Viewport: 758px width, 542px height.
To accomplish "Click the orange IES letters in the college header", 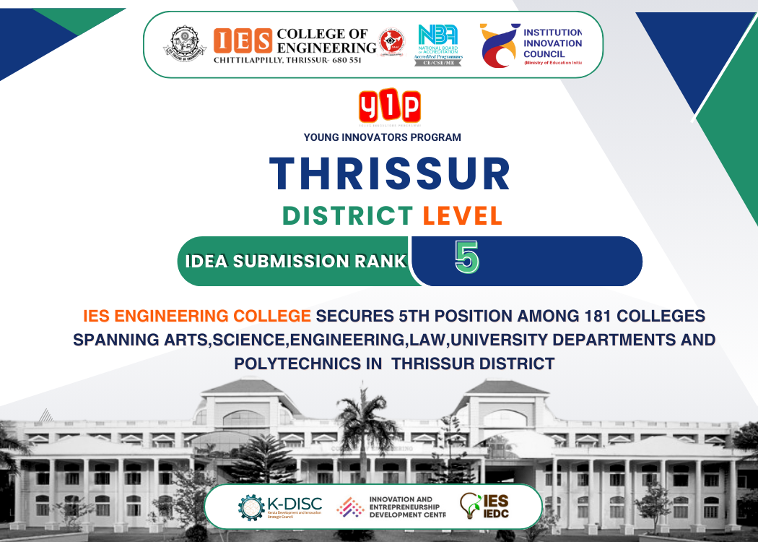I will click(x=243, y=40).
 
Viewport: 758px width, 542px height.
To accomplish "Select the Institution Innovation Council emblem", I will click(x=500, y=45).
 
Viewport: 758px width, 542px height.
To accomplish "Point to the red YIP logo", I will click(x=390, y=107).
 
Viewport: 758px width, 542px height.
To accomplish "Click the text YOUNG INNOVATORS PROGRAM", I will click(x=383, y=137).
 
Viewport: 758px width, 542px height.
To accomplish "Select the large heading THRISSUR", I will click(x=390, y=173).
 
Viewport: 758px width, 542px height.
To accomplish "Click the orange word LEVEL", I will click(x=462, y=215).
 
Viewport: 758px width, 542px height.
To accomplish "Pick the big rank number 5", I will click(x=466, y=257).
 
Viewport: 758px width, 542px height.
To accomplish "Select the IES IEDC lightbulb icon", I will click(x=470, y=506).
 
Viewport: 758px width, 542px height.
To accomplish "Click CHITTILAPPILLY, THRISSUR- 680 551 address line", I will click(x=287, y=60).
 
